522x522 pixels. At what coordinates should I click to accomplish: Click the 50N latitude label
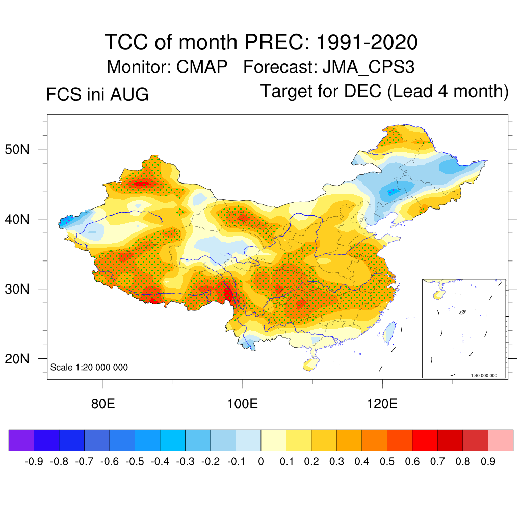(17, 149)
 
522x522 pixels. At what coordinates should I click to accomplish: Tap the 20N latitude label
(17, 359)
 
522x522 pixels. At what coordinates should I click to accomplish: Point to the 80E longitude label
(103, 404)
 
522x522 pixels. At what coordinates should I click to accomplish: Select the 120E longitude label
(382, 404)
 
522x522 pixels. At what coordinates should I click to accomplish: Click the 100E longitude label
(242, 404)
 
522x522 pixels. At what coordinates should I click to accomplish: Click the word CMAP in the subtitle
(202, 67)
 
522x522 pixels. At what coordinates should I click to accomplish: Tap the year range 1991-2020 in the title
(367, 42)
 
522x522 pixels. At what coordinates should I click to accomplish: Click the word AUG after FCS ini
(129, 94)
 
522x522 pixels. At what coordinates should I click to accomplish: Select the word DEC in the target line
(362, 91)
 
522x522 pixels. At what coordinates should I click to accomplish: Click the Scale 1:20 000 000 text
(89, 367)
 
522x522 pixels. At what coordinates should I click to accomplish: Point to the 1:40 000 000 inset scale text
(484, 376)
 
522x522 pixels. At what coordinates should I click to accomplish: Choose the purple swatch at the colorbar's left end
(21, 440)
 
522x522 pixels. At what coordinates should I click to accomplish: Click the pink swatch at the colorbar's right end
(501, 440)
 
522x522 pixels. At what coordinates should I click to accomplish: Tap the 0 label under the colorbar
(261, 462)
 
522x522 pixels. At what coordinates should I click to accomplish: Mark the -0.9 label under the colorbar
(34, 462)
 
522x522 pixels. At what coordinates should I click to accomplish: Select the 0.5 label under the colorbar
(387, 462)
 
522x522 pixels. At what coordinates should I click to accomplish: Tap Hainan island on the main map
(311, 364)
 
